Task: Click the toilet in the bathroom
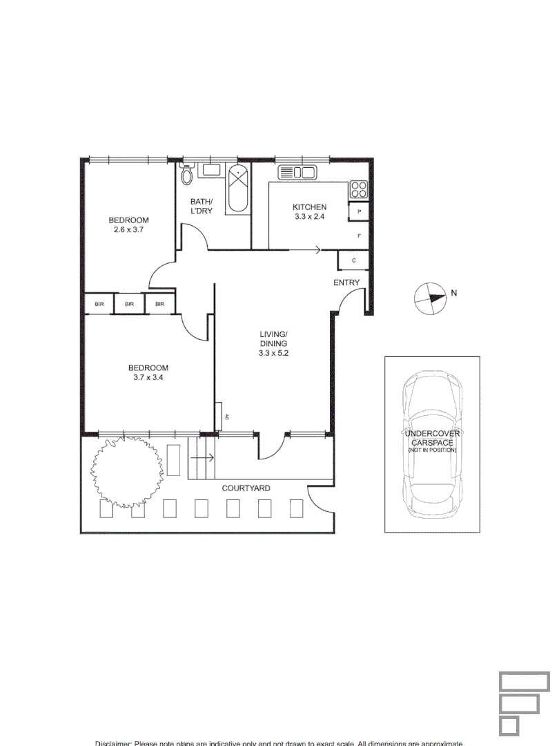coord(186,175)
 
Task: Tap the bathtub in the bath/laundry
coord(239,188)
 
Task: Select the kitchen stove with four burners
coord(358,189)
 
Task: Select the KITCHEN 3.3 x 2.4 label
coord(309,211)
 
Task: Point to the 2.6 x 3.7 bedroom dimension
coord(128,229)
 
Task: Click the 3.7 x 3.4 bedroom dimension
coord(148,377)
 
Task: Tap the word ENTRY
coord(346,283)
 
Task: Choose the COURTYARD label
coord(246,488)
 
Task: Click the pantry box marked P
coord(360,211)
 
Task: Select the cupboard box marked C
coord(353,260)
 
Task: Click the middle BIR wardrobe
coord(129,304)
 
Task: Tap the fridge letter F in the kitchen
coord(360,236)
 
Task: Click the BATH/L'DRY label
coord(202,206)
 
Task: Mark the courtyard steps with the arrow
coord(202,458)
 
